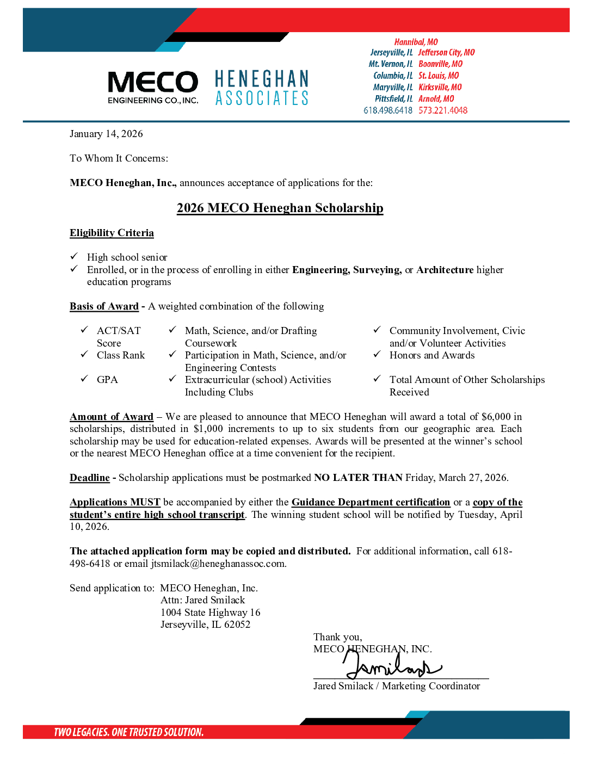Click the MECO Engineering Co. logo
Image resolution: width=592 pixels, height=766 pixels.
pyautogui.click(x=153, y=87)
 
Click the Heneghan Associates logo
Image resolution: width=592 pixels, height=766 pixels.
pyautogui.click(x=262, y=88)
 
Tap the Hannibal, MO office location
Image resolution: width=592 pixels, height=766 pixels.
pyautogui.click(x=416, y=42)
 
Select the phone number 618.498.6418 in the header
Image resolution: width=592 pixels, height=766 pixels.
pyautogui.click(x=388, y=110)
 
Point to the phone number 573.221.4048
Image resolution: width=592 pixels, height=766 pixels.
pyautogui.click(x=443, y=110)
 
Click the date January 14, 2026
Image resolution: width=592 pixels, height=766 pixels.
pyautogui.click(x=106, y=134)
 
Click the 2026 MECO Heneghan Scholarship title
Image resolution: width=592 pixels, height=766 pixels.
pyautogui.click(x=280, y=208)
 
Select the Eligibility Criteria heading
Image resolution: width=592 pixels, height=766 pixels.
pyautogui.click(x=112, y=233)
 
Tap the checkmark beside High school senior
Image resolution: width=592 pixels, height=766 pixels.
pyautogui.click(x=74, y=256)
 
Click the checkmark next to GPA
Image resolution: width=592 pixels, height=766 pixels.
pyautogui.click(x=84, y=379)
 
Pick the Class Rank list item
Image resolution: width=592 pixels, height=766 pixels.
pyautogui.click(x=121, y=355)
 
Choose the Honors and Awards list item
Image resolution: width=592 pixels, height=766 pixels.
pyautogui.click(x=432, y=355)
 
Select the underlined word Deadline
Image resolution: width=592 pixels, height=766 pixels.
pyautogui.click(x=90, y=478)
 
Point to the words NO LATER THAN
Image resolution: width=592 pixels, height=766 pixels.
pyautogui.click(x=358, y=478)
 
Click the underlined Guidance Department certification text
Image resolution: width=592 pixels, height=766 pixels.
pyautogui.click(x=371, y=502)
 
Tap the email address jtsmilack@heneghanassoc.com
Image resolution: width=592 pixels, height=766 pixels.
pyautogui.click(x=218, y=564)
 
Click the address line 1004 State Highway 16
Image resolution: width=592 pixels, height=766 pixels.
pyautogui.click(x=210, y=613)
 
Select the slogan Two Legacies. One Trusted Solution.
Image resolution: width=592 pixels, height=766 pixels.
pyautogui.click(x=128, y=732)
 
